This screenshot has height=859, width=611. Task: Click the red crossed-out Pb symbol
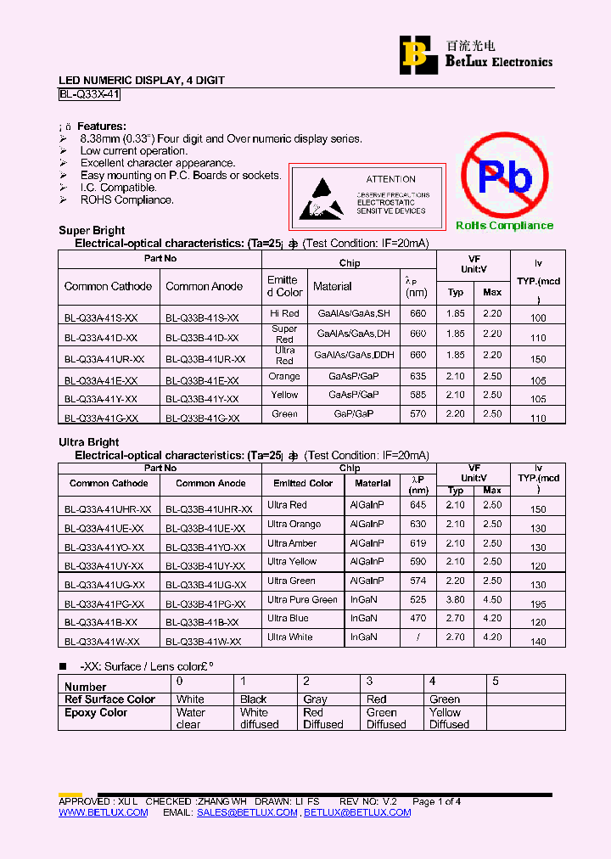pyautogui.click(x=505, y=177)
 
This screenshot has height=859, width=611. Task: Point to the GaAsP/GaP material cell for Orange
pyautogui.click(x=354, y=376)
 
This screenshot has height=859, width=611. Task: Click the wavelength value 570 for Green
pyautogui.click(x=418, y=414)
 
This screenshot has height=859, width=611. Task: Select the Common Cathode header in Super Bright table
pyautogui.click(x=109, y=287)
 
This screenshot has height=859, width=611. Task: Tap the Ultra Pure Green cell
pyautogui.click(x=302, y=599)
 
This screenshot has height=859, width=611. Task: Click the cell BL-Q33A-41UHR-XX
pyautogui.click(x=108, y=509)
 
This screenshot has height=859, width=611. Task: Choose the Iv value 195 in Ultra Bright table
pyautogui.click(x=538, y=604)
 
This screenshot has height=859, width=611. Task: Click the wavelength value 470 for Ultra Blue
pyautogui.click(x=418, y=618)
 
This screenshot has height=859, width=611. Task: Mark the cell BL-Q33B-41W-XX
pyautogui.click(x=203, y=643)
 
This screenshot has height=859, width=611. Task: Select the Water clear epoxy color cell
pyautogui.click(x=190, y=719)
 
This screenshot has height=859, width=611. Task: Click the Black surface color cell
pyautogui.click(x=253, y=699)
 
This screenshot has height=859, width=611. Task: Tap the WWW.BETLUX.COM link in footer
pyautogui.click(x=103, y=812)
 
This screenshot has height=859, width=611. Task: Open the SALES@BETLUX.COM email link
pyautogui.click(x=247, y=812)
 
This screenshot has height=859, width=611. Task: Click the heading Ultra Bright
pyautogui.click(x=88, y=442)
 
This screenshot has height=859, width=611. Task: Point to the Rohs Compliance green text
pyautogui.click(x=504, y=226)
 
